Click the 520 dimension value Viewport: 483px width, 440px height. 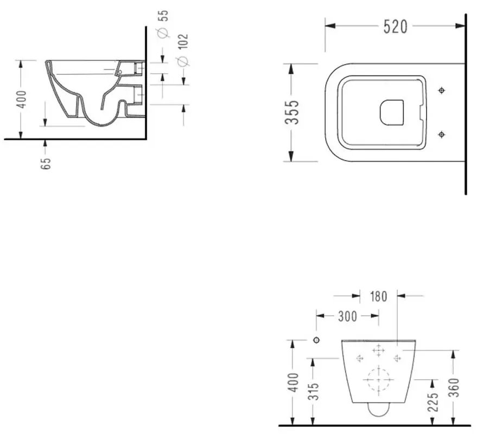tap(395, 27)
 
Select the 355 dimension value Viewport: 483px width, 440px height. tap(292, 112)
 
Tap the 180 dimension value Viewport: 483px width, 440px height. tap(378, 296)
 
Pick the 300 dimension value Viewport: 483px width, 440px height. tap(347, 316)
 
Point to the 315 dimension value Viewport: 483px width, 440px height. tap(314, 391)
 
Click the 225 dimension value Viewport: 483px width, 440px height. tap(433, 402)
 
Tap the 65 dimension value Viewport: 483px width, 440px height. tap(45, 163)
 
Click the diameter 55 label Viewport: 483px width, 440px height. tap(163, 24)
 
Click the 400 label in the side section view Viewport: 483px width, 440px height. tap(22, 99)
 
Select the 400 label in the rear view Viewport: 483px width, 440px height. tap(294, 382)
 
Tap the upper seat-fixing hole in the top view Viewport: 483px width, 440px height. tap(441, 90)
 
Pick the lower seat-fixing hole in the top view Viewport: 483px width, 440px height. tap(441, 135)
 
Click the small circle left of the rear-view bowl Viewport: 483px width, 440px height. tap(316, 340)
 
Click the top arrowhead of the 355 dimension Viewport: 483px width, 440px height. tap(290, 68)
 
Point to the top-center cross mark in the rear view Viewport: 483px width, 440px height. tap(378, 350)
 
